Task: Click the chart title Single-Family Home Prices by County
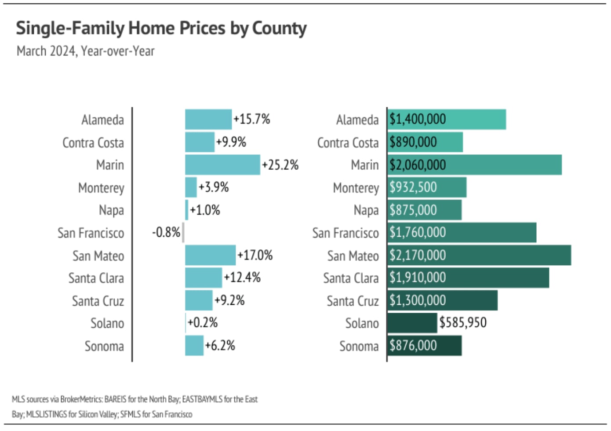tap(161, 29)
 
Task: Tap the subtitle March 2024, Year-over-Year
tap(86, 51)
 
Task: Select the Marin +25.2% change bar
tap(222, 165)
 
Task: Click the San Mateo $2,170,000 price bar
tap(479, 256)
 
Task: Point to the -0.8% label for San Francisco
tap(166, 232)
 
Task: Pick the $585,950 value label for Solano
tap(463, 323)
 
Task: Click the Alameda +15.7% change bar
tap(208, 120)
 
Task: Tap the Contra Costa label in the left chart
tap(93, 142)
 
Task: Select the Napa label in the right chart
tap(366, 210)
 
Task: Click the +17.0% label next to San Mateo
tap(255, 256)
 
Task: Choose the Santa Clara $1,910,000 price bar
tap(468, 278)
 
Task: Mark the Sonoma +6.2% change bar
tap(194, 346)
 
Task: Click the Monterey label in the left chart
tap(101, 188)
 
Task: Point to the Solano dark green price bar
tap(412, 323)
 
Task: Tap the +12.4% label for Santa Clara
tap(242, 278)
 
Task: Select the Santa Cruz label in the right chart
tap(353, 301)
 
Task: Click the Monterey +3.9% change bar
tap(191, 187)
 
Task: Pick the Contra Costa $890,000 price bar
tap(425, 142)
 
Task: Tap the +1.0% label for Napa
tap(205, 210)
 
